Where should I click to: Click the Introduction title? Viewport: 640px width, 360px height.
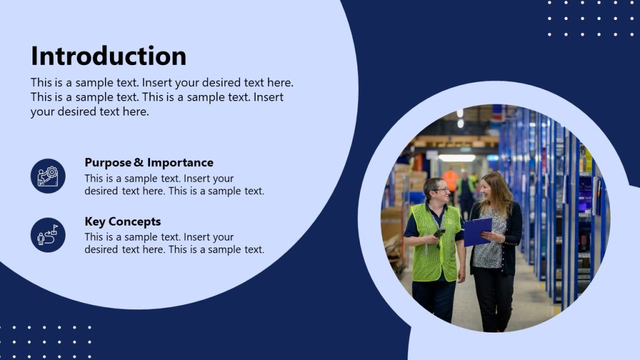tap(109, 56)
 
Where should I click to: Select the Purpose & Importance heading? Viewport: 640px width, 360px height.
tap(149, 162)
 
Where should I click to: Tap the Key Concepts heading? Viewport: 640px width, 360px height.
tap(122, 221)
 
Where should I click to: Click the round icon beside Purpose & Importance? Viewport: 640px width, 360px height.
tap(48, 176)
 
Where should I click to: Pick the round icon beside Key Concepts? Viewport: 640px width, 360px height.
tap(48, 235)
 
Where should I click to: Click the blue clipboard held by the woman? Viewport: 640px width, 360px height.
tap(477, 231)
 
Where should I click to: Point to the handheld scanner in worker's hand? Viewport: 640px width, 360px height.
tap(439, 233)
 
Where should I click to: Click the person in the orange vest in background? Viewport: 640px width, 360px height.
tap(451, 181)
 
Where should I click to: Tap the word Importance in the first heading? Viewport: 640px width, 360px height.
tap(180, 162)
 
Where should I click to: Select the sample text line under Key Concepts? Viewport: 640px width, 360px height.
tap(159, 237)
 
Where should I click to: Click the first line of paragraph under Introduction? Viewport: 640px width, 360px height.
tap(162, 82)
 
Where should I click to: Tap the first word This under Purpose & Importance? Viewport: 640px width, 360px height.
tap(94, 178)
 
